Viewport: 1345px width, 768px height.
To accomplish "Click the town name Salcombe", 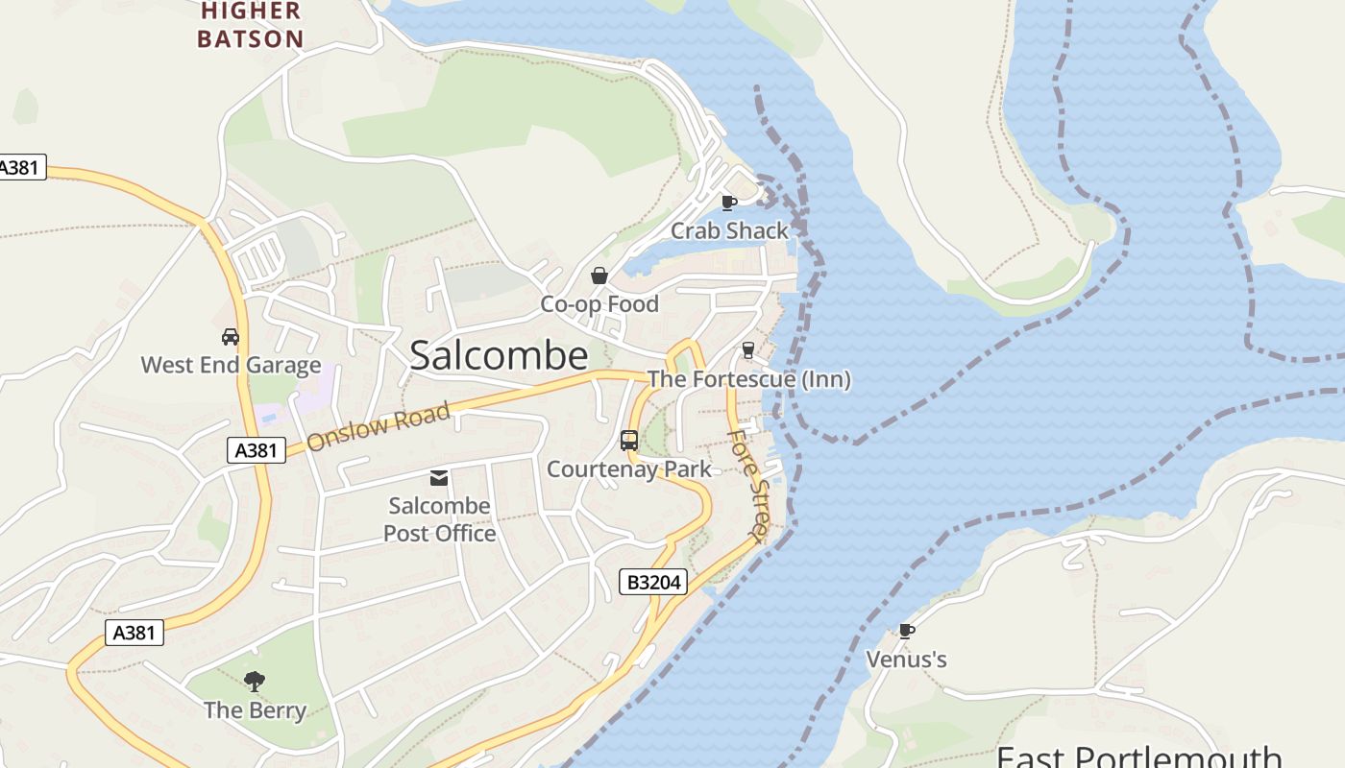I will (498, 355).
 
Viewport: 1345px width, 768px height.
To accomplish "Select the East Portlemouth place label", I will (1138, 756).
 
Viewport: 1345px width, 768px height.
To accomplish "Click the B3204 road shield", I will (653, 582).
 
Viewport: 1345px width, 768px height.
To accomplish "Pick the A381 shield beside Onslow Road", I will (257, 450).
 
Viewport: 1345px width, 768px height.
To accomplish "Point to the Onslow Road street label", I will (379, 427).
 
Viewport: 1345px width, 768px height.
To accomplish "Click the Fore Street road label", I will (749, 485).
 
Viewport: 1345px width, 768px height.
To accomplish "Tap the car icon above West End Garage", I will (231, 337).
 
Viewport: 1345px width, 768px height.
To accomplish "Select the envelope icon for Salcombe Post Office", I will (439, 478).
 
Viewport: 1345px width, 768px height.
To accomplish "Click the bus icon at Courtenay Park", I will (629, 441).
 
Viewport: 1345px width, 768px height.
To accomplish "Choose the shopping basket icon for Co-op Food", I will (599, 276).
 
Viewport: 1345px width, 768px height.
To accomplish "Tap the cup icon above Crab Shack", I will (729, 203).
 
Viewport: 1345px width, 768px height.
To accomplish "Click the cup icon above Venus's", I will (906, 631).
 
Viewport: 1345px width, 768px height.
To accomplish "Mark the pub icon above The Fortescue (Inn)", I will (748, 350).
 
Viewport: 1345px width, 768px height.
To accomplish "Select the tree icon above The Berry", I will (255, 682).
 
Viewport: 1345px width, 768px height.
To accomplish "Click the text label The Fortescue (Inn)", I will (749, 379).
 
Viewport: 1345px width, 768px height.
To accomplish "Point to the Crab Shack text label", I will (729, 230).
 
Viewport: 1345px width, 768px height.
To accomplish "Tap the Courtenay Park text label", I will (629, 468).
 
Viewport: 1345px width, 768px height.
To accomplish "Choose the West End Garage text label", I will (231, 365).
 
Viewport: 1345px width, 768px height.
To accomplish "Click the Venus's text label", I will (906, 660).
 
